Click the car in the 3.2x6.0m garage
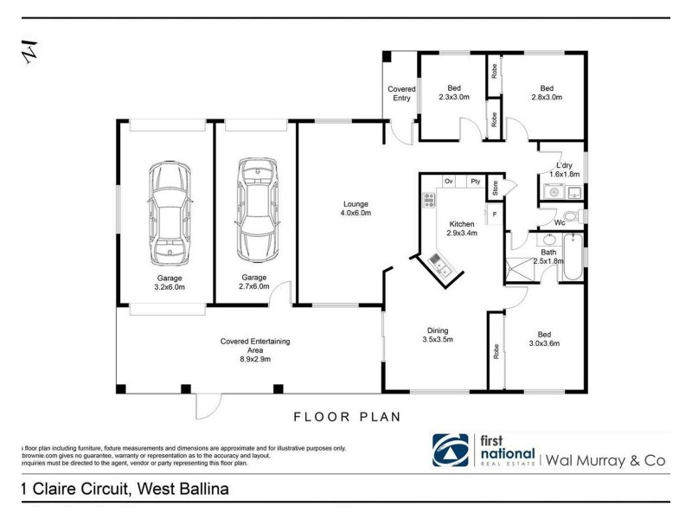coord(167,212)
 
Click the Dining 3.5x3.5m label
coord(436,334)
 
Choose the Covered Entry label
coord(401,93)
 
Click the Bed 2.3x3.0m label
coord(453,93)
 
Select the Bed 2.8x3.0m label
coord(546,93)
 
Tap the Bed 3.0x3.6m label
coord(543,338)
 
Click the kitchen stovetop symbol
coord(428,201)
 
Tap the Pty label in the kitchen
coord(475,182)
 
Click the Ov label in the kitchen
coord(449,182)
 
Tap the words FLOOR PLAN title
coord(347,416)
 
